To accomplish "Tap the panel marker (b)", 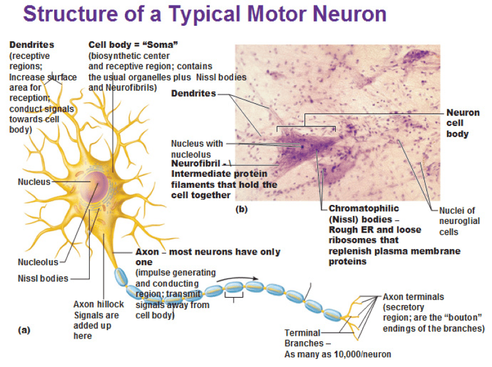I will (x=242, y=210).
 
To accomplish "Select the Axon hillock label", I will (x=98, y=304).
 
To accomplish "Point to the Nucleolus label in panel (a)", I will (x=38, y=262).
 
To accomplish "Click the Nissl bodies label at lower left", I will (x=43, y=278).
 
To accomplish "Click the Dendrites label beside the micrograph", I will (x=194, y=94).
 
